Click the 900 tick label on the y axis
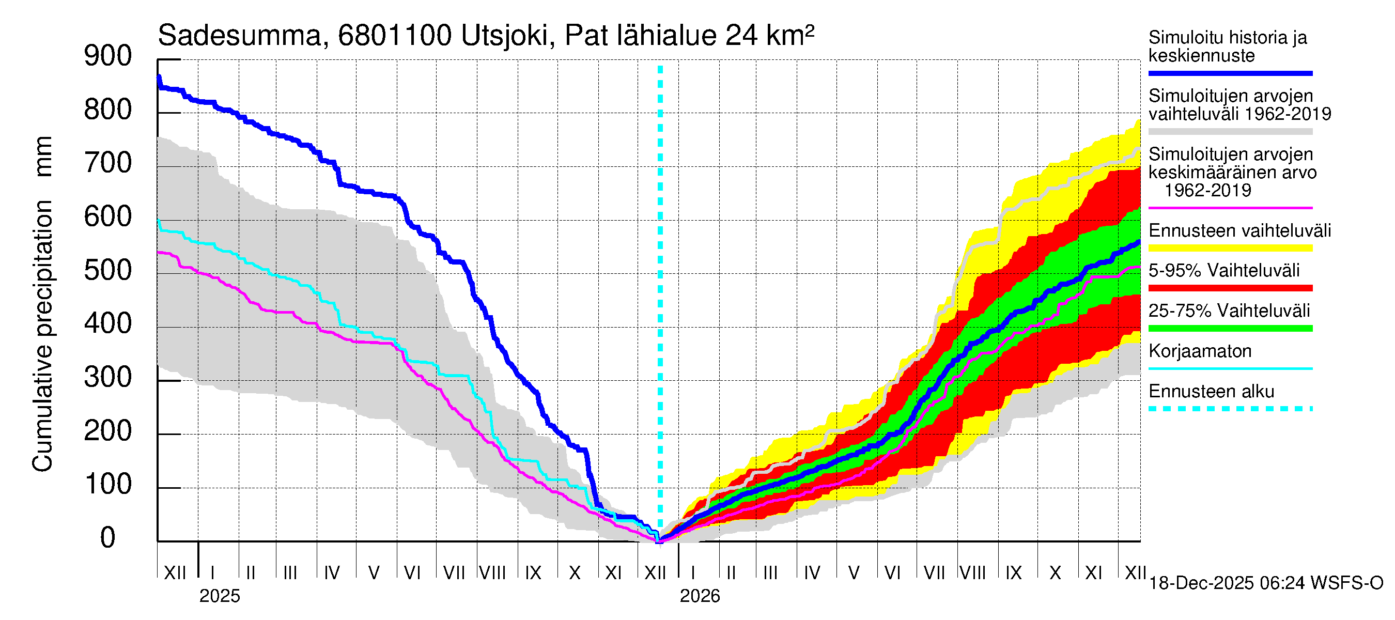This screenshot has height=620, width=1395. tap(108, 56)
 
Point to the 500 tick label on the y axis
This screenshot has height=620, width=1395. tap(108, 270)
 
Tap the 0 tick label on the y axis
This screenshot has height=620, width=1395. tap(108, 538)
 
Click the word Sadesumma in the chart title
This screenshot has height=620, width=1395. tap(239, 36)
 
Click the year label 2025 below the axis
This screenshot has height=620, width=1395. tap(219, 596)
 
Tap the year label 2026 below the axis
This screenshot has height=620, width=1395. tap(700, 596)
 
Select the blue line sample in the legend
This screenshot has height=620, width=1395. tap(1230, 73)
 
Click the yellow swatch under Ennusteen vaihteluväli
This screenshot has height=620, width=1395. tap(1230, 249)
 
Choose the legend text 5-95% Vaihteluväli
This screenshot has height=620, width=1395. tap(1224, 270)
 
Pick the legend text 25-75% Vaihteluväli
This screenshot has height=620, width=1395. tap(1229, 311)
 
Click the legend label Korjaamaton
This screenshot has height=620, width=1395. tap(1200, 351)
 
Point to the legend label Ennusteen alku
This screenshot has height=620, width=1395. tap(1212, 392)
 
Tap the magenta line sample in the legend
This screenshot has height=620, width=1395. tap(1230, 208)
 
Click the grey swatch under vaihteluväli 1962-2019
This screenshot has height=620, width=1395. tap(1230, 132)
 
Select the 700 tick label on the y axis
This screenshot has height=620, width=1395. tap(108, 164)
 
